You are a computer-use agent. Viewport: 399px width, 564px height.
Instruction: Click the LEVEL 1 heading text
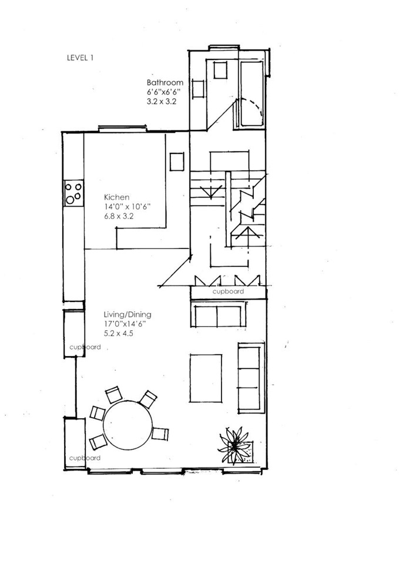click(81, 58)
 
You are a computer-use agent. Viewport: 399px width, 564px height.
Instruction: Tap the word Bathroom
click(165, 83)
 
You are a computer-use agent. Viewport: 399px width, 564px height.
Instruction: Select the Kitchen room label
click(116, 197)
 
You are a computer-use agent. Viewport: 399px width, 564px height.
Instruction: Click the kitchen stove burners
click(74, 193)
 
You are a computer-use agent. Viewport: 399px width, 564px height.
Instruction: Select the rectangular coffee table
click(206, 378)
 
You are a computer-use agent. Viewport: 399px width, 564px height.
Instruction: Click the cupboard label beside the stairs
click(228, 291)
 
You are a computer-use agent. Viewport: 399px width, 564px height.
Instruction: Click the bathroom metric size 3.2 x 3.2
click(162, 102)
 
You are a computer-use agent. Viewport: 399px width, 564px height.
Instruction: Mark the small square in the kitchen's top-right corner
click(177, 162)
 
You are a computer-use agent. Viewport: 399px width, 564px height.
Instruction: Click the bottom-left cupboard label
click(85, 458)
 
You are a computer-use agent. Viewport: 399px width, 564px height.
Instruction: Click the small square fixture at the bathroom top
click(220, 70)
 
